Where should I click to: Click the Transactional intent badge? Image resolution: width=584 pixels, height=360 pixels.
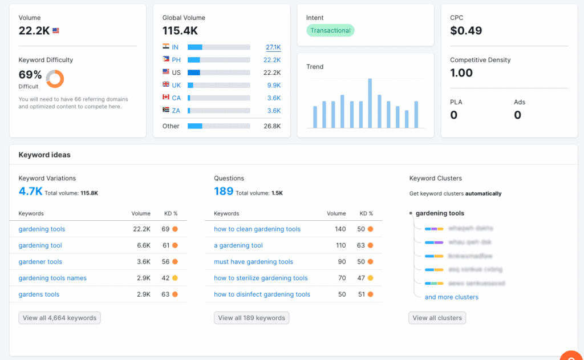(330, 31)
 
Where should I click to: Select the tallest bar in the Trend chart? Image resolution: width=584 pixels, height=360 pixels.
(370, 103)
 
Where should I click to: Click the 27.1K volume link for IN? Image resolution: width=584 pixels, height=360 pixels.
(273, 47)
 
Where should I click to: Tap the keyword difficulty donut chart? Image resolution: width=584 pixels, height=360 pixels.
(55, 79)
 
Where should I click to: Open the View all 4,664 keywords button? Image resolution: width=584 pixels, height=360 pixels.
(59, 318)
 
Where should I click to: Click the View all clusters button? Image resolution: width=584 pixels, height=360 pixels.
(437, 318)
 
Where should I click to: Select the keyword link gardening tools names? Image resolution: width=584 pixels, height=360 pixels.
(52, 278)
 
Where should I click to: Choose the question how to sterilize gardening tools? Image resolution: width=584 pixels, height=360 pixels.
(261, 278)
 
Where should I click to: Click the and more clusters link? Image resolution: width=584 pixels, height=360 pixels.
(451, 297)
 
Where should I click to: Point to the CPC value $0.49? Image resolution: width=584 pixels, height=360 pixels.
(466, 31)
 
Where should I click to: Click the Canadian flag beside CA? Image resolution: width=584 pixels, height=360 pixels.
(166, 98)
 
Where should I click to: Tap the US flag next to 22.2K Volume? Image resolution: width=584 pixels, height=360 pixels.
(56, 31)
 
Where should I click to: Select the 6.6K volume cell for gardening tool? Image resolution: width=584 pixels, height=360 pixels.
(141, 245)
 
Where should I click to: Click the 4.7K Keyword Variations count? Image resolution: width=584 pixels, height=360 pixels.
(30, 192)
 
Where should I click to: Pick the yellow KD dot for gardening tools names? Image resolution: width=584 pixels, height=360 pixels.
(175, 278)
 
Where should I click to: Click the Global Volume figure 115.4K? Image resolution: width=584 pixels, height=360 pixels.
(180, 31)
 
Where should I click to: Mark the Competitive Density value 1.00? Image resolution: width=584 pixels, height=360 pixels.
(461, 73)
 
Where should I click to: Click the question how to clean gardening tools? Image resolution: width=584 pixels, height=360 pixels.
(257, 229)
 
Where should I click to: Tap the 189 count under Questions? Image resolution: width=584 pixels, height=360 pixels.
(224, 192)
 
